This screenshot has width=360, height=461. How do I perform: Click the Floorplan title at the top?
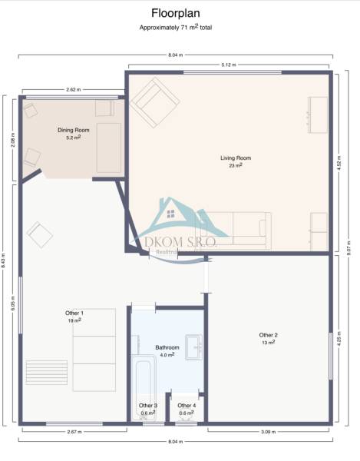(176, 13)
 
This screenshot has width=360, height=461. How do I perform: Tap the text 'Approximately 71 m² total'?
(176, 27)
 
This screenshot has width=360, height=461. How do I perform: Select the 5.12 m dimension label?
(229, 65)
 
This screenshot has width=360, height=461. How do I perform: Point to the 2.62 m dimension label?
(74, 89)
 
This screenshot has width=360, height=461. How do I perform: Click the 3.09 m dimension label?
(269, 432)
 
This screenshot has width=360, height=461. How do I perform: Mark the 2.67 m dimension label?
(74, 432)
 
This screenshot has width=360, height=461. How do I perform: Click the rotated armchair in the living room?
(154, 104)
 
